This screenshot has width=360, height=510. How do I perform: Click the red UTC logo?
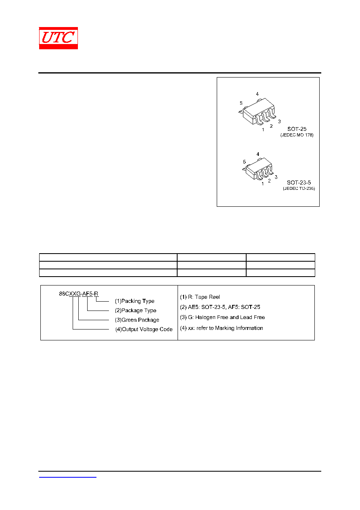point(58,38)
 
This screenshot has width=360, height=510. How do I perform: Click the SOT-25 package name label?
point(297,129)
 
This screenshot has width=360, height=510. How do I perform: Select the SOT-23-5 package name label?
point(299,183)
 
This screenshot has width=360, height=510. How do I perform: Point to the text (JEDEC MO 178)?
point(297,135)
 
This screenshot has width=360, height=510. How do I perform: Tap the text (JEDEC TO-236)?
point(299,189)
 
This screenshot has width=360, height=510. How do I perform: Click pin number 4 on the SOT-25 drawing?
point(257,94)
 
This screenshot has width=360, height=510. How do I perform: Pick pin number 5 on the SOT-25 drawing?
point(241,103)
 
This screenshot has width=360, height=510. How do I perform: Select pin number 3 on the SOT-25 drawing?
point(279,122)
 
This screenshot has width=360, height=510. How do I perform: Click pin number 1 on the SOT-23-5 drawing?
point(263,183)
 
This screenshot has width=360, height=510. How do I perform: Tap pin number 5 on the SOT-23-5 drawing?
point(244,162)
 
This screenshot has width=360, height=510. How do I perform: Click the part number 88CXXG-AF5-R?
point(79,294)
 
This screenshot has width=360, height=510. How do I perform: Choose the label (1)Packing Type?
point(134,301)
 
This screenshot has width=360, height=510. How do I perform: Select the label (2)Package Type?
point(136,311)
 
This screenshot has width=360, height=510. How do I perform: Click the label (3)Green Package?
point(137,320)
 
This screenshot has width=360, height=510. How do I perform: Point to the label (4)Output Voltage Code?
point(144,329)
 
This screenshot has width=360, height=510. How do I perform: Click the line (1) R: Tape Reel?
point(200,297)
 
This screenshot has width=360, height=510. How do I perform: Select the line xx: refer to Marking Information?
point(226,328)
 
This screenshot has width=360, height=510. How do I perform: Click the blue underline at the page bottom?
point(68,477)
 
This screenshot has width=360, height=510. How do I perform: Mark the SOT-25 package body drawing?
point(258,112)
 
